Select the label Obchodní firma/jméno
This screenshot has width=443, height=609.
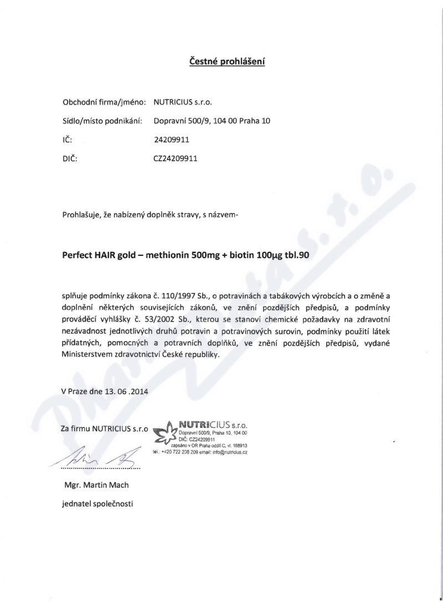(104, 102)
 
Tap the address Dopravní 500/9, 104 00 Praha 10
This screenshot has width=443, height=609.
(212, 121)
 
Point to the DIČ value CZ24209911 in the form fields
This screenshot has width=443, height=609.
(175, 158)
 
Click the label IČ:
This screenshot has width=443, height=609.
(66, 140)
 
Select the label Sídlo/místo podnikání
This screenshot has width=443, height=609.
(103, 121)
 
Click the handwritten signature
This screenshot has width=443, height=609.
(100, 456)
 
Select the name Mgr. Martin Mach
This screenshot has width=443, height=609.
(97, 486)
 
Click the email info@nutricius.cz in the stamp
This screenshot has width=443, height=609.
(226, 452)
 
